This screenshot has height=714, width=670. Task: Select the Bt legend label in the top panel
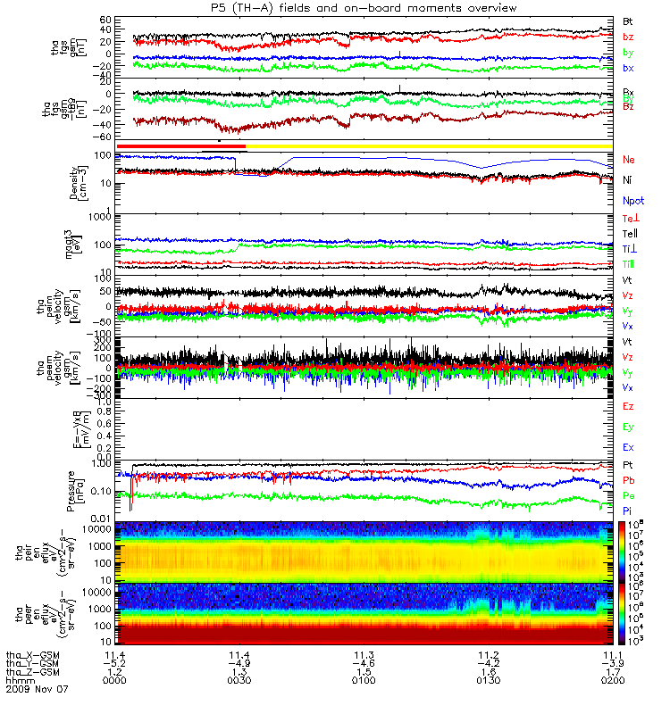point(628,20)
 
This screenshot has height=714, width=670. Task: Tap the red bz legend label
point(628,37)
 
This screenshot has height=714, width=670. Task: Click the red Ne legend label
point(629,160)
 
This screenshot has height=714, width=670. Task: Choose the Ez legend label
point(628,406)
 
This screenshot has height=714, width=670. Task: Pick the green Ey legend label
point(628,427)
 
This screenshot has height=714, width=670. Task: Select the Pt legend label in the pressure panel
point(628,466)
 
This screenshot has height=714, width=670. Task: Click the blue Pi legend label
point(628,511)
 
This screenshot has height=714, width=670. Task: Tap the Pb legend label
point(628,480)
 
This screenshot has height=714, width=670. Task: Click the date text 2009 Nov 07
point(37,689)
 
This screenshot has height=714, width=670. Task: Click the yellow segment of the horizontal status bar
point(429,145)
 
